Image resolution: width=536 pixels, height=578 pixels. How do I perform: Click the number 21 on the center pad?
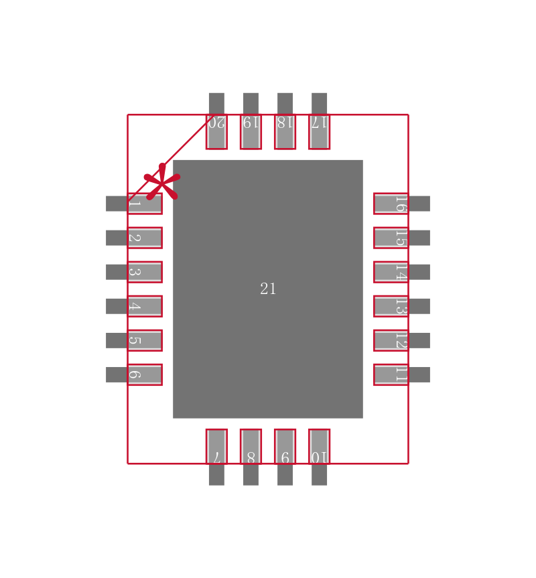click(268, 289)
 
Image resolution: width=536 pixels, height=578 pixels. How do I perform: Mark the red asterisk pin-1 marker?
click(162, 182)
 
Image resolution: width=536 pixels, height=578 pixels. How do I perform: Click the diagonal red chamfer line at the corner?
click(188, 141)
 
